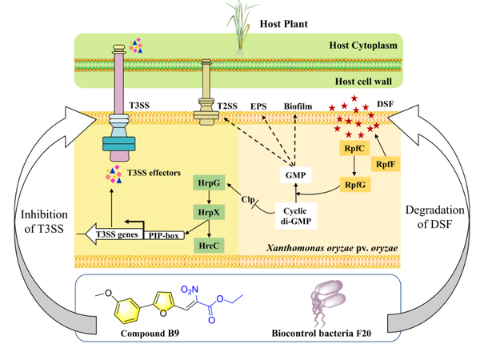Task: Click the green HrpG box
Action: tap(208, 184)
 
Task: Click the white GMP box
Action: tap(295, 174)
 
